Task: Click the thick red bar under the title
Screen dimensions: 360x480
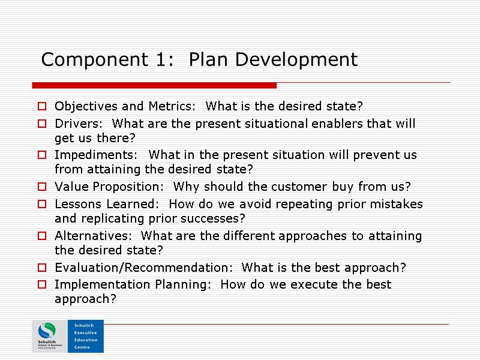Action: [154, 86]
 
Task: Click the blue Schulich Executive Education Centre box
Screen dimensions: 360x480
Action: [86, 336]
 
